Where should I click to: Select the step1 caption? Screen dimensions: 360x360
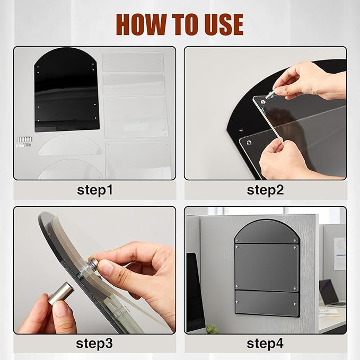pyautogui.click(x=95, y=190)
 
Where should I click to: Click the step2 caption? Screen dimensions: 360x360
pyautogui.click(x=265, y=190)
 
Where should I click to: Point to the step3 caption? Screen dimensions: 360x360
pyautogui.click(x=94, y=344)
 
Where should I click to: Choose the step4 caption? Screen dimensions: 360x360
pyautogui.click(x=265, y=344)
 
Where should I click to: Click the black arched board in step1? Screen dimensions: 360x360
pyautogui.click(x=67, y=90)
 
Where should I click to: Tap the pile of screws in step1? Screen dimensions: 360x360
pyautogui.click(x=25, y=142)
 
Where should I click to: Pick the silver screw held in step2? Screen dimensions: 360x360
pyautogui.click(x=270, y=94)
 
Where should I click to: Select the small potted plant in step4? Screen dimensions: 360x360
pyautogui.click(x=212, y=328)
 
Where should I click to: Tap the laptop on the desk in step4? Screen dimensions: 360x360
pyautogui.click(x=331, y=293)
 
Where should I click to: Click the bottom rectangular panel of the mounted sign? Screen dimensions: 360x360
pyautogui.click(x=267, y=303)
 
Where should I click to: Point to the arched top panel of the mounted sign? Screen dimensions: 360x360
pyautogui.click(x=266, y=231)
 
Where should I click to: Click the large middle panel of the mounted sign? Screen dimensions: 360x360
pyautogui.click(x=266, y=267)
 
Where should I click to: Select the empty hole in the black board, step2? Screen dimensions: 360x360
pyautogui.click(x=241, y=130)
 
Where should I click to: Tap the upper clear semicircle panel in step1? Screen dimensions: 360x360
pyautogui.click(x=70, y=145)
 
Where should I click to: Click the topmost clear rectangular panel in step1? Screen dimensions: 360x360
pyautogui.click(x=133, y=62)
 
